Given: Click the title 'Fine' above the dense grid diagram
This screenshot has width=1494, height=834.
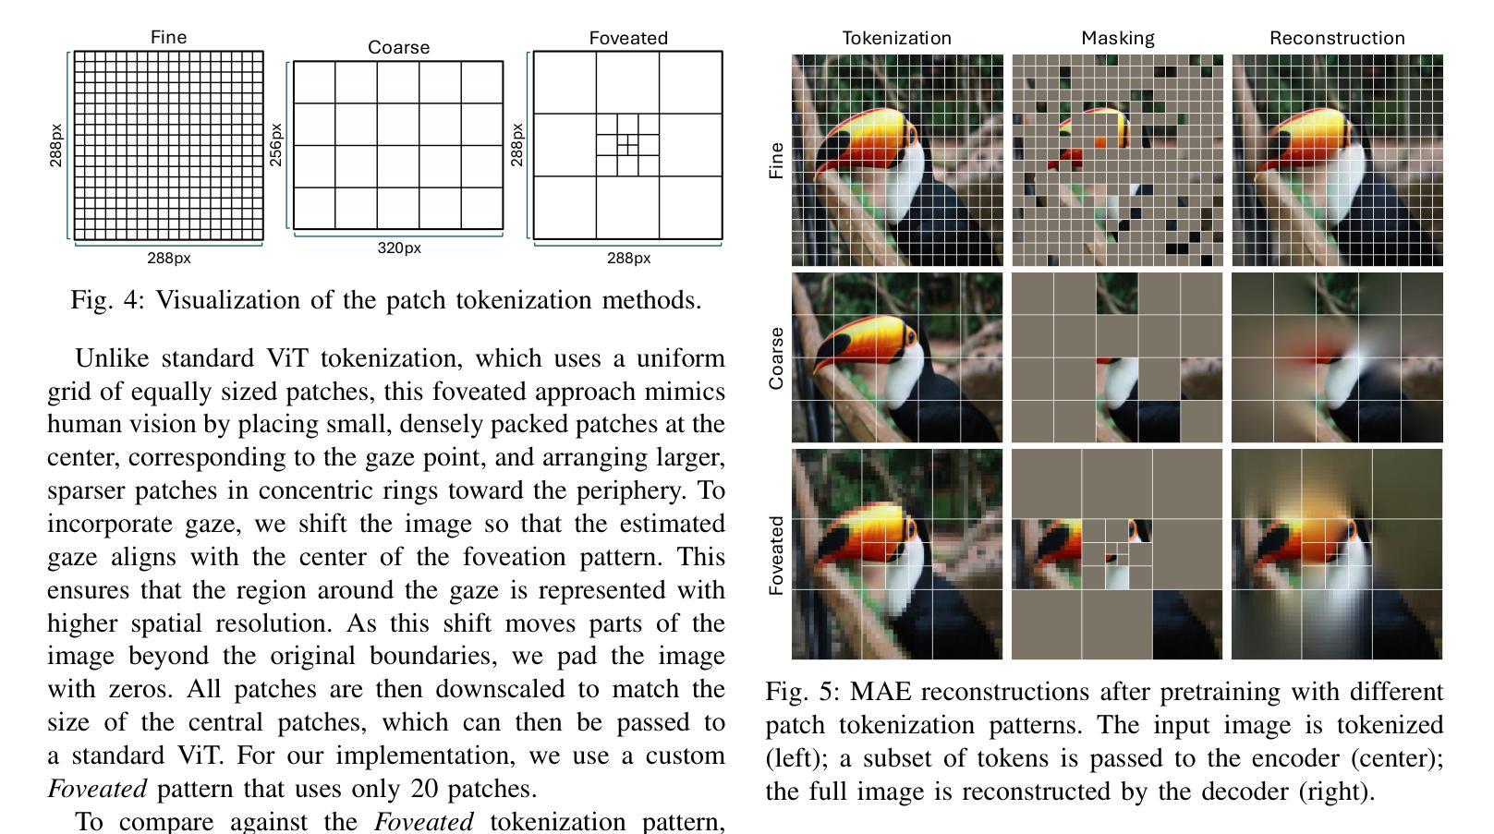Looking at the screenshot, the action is tap(168, 37).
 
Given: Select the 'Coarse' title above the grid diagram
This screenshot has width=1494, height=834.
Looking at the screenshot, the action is tap(398, 47).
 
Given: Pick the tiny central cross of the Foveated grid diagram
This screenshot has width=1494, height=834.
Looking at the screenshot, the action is tap(627, 145).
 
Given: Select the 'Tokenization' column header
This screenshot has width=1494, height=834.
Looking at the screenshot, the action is tap(896, 38).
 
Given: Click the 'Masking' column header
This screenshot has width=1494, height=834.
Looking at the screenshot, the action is tap(1118, 38).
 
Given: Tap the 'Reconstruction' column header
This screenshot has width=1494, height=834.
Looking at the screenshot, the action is tap(1337, 38).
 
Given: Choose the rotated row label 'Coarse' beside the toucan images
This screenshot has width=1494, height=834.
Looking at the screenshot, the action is tap(776, 357).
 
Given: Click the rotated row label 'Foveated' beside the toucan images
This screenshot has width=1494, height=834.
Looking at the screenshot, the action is tap(776, 554).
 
